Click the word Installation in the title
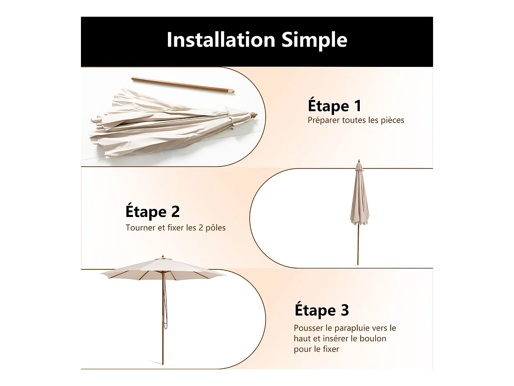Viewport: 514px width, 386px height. pyautogui.click(x=221, y=39)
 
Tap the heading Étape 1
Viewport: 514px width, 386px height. pyautogui.click(x=335, y=106)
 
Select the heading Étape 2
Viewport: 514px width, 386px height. pyautogui.click(x=152, y=212)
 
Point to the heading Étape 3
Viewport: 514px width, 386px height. pyautogui.click(x=322, y=310)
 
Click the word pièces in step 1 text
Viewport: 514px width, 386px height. pyautogui.click(x=392, y=120)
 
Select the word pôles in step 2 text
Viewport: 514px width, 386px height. pyautogui.click(x=215, y=228)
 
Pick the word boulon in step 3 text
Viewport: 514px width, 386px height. pyautogui.click(x=372, y=338)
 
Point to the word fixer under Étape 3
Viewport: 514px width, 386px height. pyautogui.click(x=331, y=349)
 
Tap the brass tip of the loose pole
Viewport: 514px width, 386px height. pyautogui.click(x=231, y=91)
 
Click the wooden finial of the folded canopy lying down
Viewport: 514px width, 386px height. pyautogui.click(x=254, y=115)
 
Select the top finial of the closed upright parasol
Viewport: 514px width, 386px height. pyautogui.click(x=359, y=162)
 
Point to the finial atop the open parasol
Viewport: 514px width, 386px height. pyautogui.click(x=163, y=256)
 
